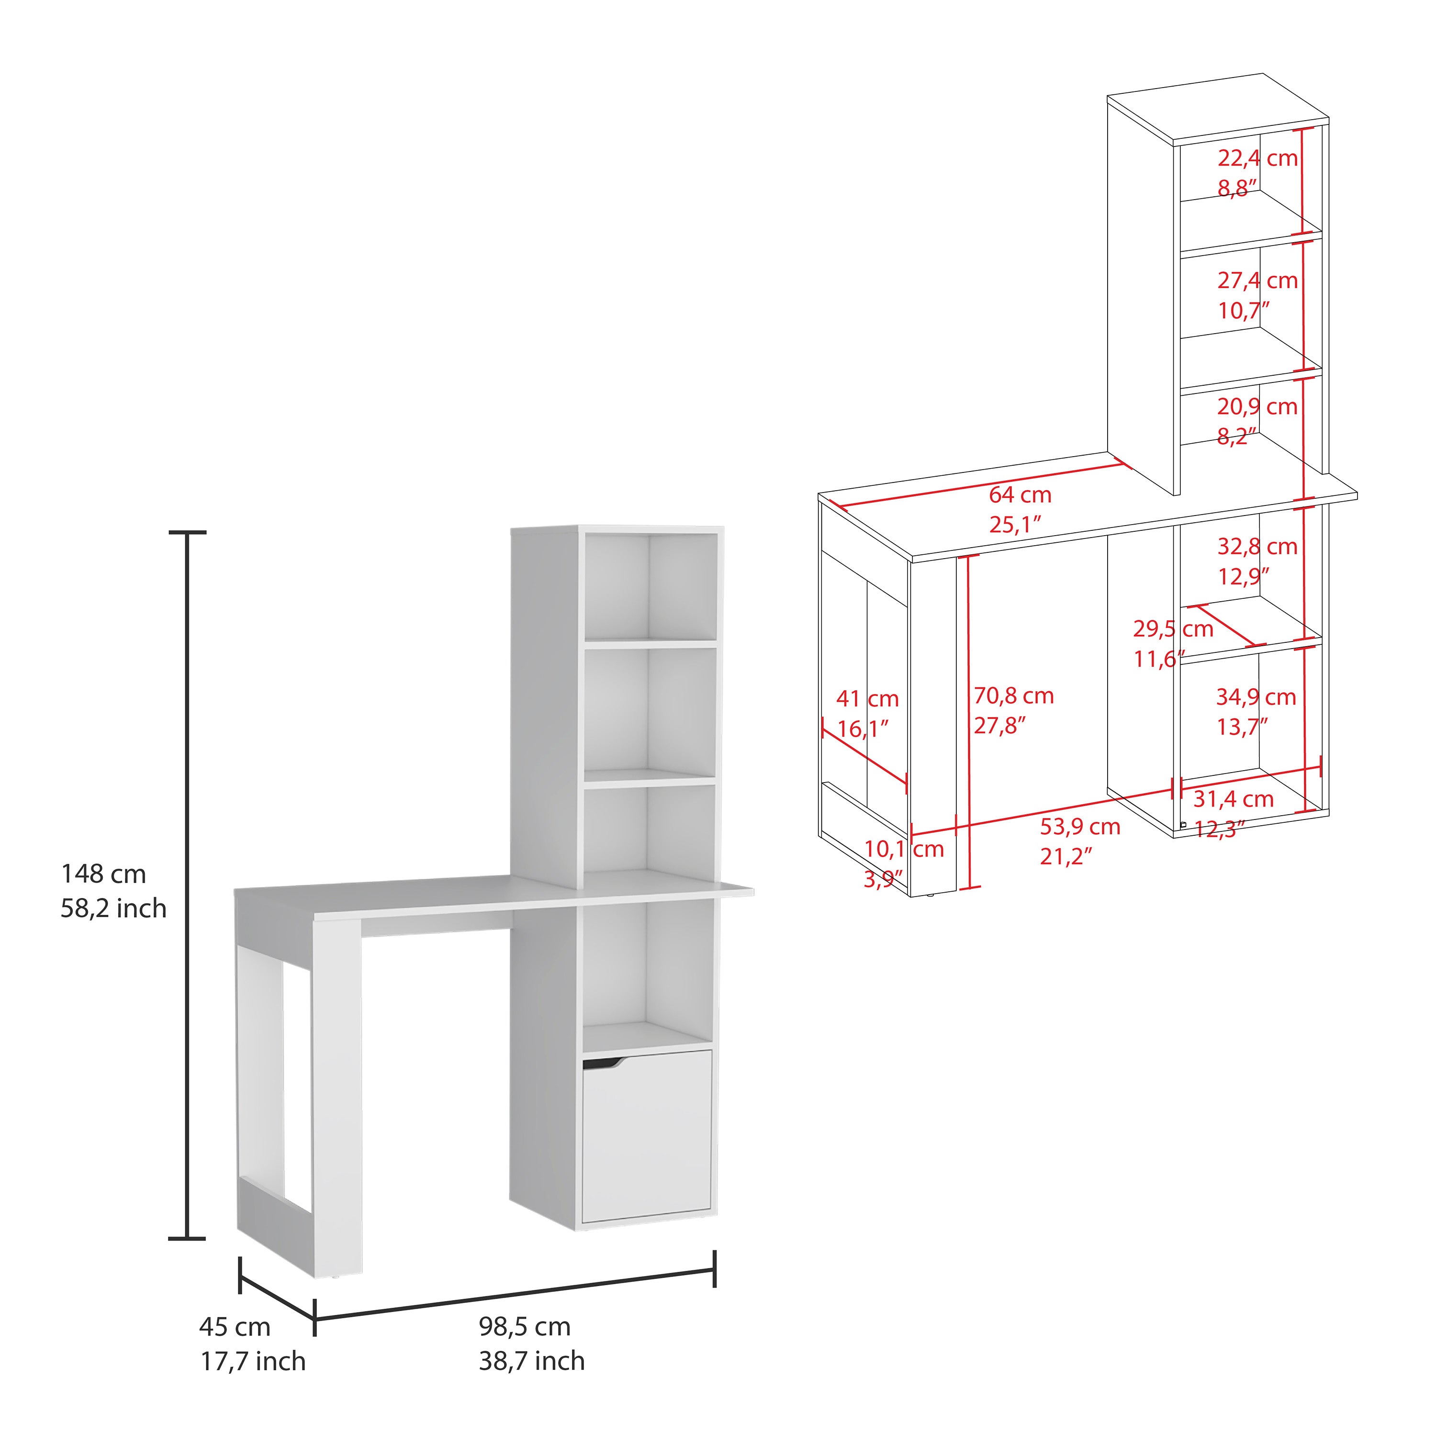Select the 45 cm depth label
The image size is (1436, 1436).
[235, 1327]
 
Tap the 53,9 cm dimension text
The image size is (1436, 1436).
[1080, 827]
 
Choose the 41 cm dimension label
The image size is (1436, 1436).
[867, 699]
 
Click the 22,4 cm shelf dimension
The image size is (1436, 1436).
[1257, 158]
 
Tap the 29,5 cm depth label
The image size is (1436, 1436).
[1173, 629]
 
